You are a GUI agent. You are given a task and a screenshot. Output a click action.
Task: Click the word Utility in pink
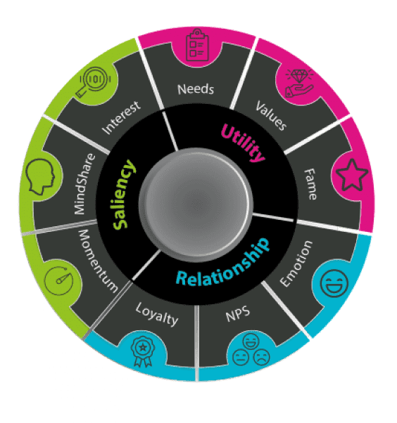[244, 141]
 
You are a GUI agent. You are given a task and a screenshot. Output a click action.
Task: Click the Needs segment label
[196, 89]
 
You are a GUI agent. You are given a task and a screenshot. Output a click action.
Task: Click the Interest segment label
[121, 117]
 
